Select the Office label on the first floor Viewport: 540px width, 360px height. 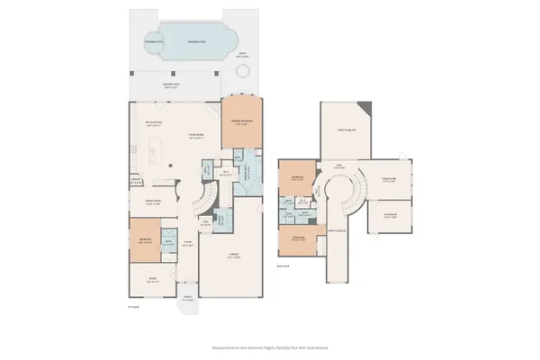tap(152, 281)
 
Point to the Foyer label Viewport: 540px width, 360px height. tap(189, 243)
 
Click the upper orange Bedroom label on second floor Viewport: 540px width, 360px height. tap(297, 178)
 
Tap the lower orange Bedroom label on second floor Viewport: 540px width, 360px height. tap(297, 238)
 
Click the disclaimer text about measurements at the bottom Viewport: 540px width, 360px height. tap(270, 346)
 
